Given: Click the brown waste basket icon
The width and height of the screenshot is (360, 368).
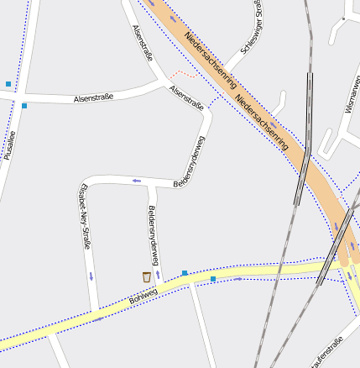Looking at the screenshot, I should [146, 276].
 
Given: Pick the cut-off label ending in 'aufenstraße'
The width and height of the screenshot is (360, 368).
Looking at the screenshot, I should [326, 353].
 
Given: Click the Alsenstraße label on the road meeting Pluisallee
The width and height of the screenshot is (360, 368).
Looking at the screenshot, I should [94, 98].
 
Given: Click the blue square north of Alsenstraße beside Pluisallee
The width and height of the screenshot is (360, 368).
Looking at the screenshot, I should [8, 84].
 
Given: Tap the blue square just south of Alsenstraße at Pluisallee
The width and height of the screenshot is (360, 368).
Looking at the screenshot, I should [24, 106].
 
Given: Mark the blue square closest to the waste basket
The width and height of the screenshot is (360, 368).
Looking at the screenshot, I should [185, 273].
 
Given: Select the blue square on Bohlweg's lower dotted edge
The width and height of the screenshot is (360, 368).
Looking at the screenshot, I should [213, 278].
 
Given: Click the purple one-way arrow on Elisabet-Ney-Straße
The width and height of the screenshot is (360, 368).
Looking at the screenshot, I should [91, 276].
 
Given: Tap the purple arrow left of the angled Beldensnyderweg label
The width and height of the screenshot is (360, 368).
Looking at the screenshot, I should [136, 181].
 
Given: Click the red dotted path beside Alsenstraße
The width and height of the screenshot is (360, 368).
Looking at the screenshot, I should [182, 76].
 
